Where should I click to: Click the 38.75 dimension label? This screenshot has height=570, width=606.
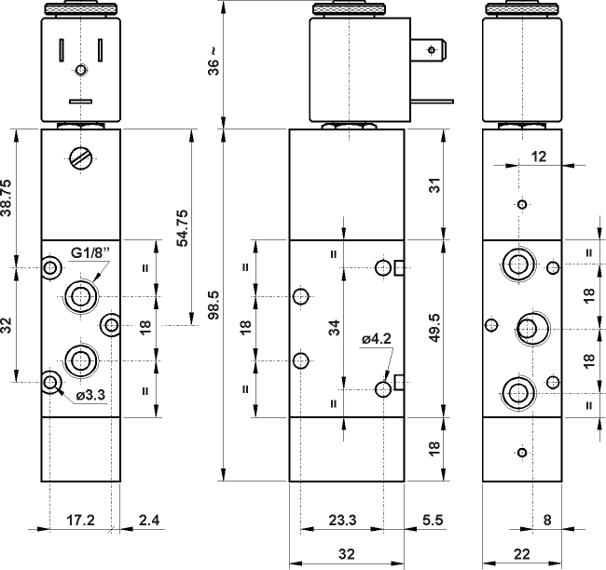click(7, 198)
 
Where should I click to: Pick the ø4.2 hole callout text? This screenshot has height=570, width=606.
click(379, 339)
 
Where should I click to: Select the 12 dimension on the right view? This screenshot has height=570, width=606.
click(537, 156)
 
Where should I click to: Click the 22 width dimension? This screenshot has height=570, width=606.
click(521, 553)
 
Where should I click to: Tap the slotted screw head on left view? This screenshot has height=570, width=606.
click(82, 158)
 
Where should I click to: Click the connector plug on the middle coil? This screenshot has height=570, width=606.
click(434, 47)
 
